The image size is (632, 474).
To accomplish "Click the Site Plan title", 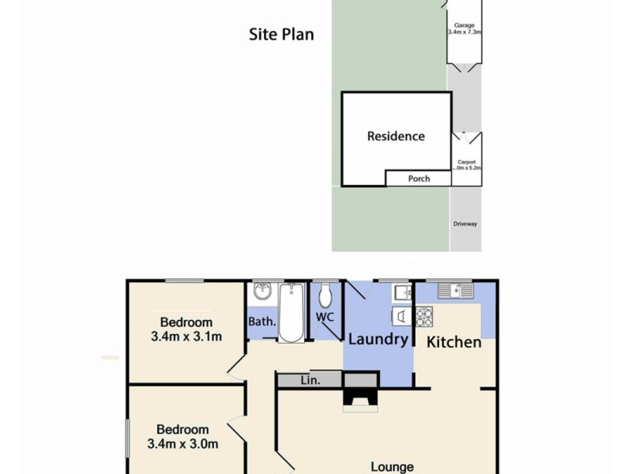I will pos(281,34).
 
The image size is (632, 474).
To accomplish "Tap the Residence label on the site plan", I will pos(396,136).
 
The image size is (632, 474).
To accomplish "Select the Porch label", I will pos(419,179).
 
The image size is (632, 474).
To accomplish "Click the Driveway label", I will pos(465,224).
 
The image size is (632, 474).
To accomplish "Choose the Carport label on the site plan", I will pos(466,165).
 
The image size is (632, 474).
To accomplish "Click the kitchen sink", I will pos(456,292).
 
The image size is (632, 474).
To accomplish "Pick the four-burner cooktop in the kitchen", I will pos(424,317).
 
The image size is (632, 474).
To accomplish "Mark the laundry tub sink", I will pos(401,293).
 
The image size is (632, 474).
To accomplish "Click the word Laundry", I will pos(378,340).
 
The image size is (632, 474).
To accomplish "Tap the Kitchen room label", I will pos(453,342).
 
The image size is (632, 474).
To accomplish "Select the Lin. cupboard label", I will pos(309,381).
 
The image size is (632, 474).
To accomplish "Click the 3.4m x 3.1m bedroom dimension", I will pos(186,337).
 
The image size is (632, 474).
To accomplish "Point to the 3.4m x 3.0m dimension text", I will pos(182,444).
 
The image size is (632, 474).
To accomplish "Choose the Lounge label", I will pos(392,467).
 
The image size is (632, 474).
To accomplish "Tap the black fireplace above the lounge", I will pos(360,394).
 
